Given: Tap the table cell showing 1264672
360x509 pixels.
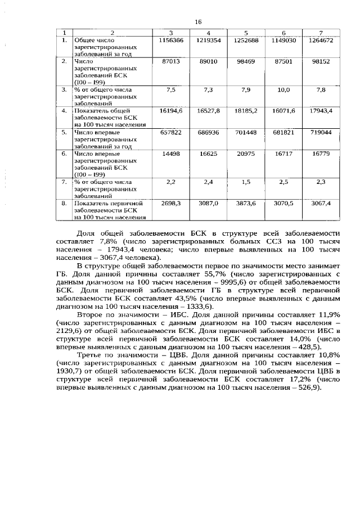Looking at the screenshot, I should point(322,40).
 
